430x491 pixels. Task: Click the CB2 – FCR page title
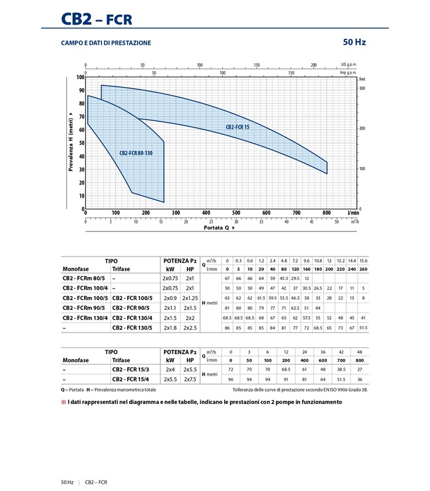[x=96, y=18]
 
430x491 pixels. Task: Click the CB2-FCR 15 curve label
[x=238, y=127]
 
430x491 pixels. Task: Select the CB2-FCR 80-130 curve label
[x=136, y=153]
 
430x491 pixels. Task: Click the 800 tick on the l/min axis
[x=326, y=213]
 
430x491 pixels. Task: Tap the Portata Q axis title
[x=220, y=228]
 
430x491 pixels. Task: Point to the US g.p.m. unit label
[x=349, y=64]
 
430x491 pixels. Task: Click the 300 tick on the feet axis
[x=362, y=89]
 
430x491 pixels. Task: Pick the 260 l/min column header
[x=363, y=268]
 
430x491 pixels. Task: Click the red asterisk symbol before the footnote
[x=63, y=402]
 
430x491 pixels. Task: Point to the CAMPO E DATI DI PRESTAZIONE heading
[x=106, y=43]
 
